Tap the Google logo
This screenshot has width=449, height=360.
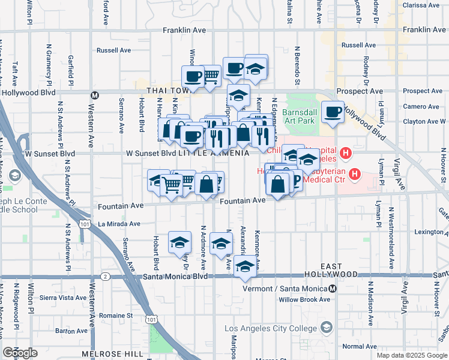pyautogui.click(x=20, y=353)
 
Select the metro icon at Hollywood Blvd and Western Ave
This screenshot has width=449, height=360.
pyautogui.click(x=94, y=95)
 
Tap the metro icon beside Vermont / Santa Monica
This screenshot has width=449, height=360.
pyautogui.click(x=333, y=289)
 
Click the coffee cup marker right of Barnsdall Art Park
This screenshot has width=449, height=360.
pyautogui.click(x=332, y=112)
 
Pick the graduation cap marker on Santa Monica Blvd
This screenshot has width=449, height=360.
pyautogui.click(x=244, y=266)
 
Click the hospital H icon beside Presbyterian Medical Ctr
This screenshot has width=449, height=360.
pyautogui.click(x=354, y=175)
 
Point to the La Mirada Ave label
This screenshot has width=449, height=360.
pyautogui.click(x=119, y=224)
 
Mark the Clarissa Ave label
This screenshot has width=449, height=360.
pyautogui.click(x=421, y=5)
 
